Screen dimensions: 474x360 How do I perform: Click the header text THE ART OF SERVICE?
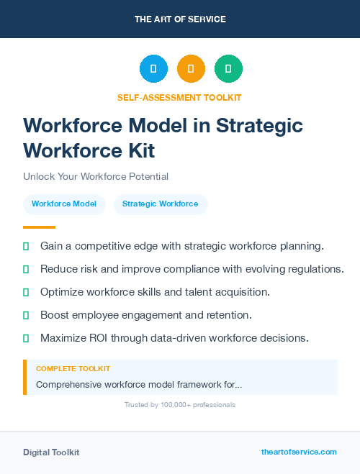click(180, 19)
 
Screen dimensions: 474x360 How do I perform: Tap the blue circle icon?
click(153, 69)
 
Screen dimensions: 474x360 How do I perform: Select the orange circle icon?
click(191, 69)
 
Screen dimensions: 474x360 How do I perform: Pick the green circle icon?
click(228, 69)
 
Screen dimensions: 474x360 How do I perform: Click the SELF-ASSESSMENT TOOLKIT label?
click(179, 97)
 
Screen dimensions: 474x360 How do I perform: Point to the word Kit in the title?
click(138, 151)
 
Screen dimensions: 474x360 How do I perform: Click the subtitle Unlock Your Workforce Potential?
click(96, 176)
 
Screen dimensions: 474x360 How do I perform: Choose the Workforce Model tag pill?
click(64, 204)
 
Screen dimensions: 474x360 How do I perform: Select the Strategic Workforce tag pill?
click(160, 204)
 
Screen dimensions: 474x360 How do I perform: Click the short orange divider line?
click(39, 227)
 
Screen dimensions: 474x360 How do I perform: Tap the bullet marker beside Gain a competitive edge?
click(26, 246)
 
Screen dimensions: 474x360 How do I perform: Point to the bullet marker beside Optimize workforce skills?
click(26, 292)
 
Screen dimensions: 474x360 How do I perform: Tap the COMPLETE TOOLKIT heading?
click(73, 368)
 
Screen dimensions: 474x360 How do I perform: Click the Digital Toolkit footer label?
click(51, 452)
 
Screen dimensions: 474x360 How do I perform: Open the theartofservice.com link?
click(299, 452)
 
